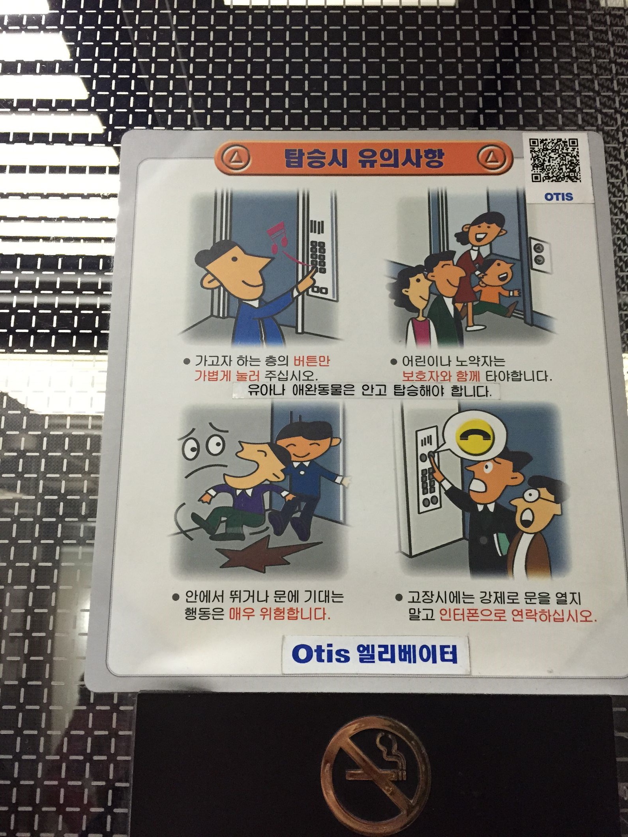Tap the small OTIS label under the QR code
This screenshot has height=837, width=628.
(x=559, y=196)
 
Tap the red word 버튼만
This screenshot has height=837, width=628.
(x=312, y=361)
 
